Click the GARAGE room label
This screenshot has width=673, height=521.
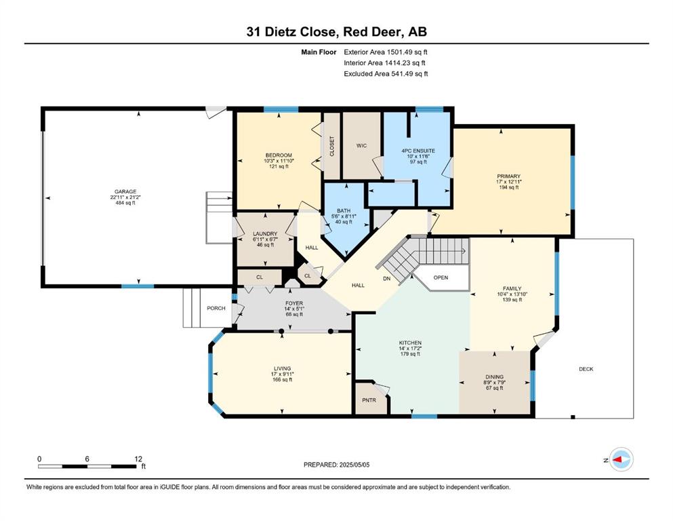coord(125,191)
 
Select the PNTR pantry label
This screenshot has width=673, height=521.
coord(369,400)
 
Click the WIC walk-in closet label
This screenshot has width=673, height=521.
coord(361,146)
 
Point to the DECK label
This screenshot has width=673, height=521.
coord(586,369)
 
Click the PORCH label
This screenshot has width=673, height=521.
coord(216,308)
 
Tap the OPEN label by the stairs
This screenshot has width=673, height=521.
coord(441,277)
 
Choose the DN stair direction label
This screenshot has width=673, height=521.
coord(387,278)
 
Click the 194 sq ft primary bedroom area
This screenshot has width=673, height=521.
coord(508,187)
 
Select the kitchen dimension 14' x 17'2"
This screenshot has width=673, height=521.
coord(410,348)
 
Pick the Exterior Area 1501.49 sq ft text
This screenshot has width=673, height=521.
coord(386,52)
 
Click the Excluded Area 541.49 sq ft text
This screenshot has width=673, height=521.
coord(386,73)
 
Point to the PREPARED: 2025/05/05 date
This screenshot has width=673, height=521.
coord(336,465)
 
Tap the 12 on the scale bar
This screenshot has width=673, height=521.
coord(138,459)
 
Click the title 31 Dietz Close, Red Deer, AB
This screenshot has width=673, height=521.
coord(336,32)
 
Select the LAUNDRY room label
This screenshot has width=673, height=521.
coord(265,233)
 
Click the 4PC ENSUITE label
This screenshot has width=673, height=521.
coord(418,151)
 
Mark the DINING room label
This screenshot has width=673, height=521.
coord(495,377)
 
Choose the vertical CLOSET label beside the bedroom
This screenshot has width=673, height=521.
coord(332,146)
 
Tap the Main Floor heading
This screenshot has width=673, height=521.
coord(319,52)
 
